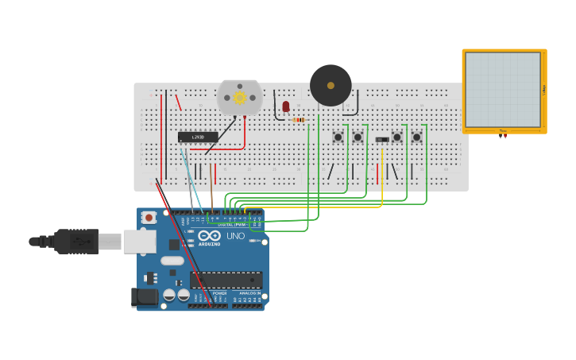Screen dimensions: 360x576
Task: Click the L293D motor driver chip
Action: [x=198, y=137]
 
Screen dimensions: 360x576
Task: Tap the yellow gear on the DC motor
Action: [x=239, y=98]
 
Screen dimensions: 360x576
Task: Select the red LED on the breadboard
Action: [x=286, y=106]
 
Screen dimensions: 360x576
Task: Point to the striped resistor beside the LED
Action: [x=299, y=120]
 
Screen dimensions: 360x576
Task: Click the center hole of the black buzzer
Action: [x=331, y=85]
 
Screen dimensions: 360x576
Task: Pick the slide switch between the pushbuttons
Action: [x=382, y=139]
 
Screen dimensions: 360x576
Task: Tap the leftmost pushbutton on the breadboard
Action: [x=338, y=137]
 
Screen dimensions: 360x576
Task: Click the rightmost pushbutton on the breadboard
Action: [x=416, y=137]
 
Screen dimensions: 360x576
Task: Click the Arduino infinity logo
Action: [x=209, y=236]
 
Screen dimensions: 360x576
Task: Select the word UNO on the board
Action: [x=236, y=236]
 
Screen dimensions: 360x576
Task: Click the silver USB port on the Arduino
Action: [x=139, y=242]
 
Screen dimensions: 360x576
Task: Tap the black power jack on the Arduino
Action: [x=145, y=296]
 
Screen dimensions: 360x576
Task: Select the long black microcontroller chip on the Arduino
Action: [x=226, y=280]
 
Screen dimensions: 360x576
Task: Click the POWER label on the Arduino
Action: [x=219, y=293]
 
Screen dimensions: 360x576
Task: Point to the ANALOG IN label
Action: [x=249, y=293]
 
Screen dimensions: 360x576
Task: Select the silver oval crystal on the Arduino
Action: [x=172, y=261]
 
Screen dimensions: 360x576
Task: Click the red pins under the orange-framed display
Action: [x=503, y=136]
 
